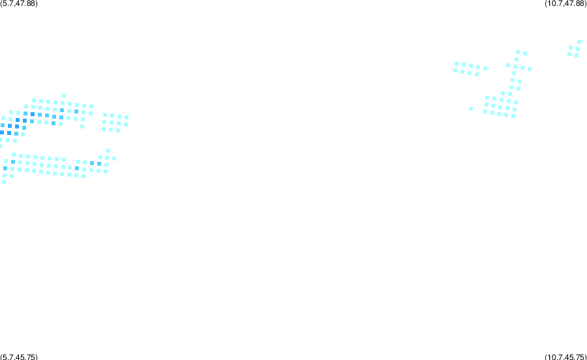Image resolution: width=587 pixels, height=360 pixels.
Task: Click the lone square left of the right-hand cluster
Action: coord(471,109)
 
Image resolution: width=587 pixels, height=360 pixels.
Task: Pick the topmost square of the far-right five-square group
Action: coord(579,42)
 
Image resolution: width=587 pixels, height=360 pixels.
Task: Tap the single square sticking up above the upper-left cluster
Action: coord(64,96)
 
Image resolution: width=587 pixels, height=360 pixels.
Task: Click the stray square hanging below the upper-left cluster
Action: coord(82,127)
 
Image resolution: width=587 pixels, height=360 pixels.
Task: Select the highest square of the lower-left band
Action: coord(108,151)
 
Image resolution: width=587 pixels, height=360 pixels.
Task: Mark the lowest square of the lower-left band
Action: coord(4,182)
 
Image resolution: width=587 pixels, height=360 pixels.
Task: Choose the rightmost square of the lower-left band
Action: coord(114,158)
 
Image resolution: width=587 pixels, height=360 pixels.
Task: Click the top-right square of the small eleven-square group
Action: coord(127,117)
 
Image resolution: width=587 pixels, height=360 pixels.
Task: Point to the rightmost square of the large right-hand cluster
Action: coord(530,69)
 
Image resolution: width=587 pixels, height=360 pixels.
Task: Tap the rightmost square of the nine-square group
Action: coord(485,68)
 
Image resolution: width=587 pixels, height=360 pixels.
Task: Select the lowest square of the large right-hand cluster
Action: coord(513,116)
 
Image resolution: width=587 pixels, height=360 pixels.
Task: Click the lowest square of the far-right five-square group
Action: coord(577,55)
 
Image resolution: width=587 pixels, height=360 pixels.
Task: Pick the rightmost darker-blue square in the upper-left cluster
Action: coord(76,112)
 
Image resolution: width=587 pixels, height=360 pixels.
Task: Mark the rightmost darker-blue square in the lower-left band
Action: coord(99,164)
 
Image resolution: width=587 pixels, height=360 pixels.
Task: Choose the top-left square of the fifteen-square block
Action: coord(487,98)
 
